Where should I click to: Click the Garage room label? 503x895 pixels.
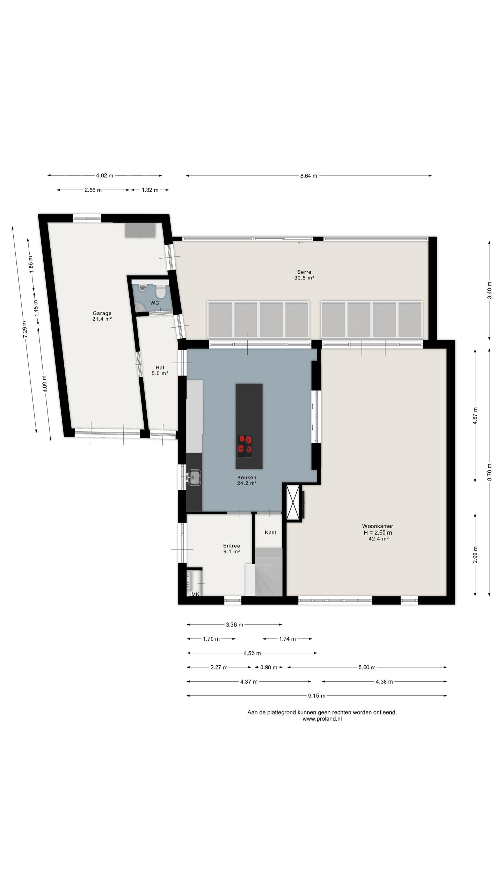coord(102,316)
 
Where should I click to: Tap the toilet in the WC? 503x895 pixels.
coord(161,291)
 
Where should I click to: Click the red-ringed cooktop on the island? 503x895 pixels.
coord(245,446)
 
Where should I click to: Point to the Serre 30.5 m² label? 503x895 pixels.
coord(304,275)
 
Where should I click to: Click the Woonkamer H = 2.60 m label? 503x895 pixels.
coord(378,532)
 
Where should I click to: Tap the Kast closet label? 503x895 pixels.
coord(270,532)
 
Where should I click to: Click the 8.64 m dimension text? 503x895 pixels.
coord(308,176)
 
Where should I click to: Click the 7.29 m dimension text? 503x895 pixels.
coord(24,329)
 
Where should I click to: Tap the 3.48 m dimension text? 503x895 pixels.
coord(489,290)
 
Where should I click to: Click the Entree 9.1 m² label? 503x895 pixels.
coord(231,549)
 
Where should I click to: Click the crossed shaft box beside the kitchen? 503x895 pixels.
coord(293,502)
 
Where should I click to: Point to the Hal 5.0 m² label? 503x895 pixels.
coord(160,370)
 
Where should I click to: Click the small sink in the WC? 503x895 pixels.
coord(143,287)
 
